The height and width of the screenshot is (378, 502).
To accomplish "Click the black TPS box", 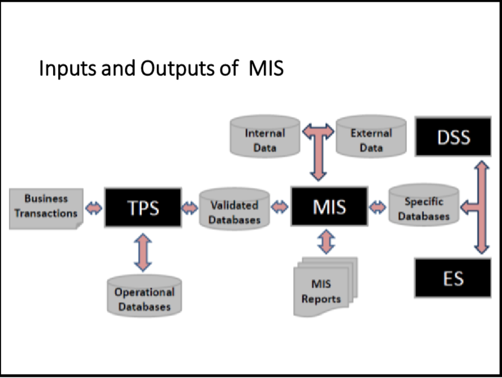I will point(143,207).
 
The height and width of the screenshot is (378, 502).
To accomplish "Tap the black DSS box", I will point(453,137).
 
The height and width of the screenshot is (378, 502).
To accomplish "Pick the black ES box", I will point(453,278).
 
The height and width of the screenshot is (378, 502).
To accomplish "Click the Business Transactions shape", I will point(46,207).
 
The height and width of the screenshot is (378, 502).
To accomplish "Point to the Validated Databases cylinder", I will point(235,209).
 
